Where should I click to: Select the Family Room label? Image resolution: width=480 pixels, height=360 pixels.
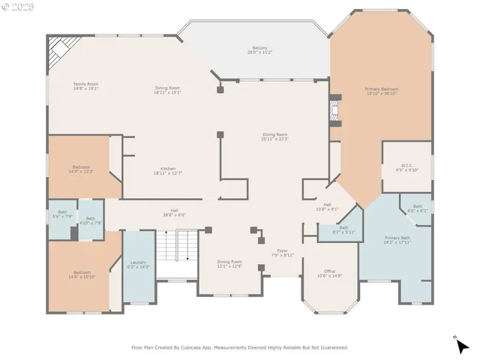86,85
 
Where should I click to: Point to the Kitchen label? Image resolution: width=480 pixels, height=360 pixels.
168,170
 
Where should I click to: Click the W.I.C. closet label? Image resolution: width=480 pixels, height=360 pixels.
408,167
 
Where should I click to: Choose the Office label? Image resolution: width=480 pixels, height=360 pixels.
329,273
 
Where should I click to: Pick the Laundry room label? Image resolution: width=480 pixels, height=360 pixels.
138,264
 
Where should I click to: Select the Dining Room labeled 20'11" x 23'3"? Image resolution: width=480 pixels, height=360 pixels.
275,136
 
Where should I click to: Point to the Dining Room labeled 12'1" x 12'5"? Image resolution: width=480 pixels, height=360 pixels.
229,263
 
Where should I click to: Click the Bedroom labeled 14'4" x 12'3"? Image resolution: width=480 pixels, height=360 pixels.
81,169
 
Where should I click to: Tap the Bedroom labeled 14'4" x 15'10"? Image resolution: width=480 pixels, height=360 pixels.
82,274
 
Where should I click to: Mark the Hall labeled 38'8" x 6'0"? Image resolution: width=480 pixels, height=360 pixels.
174,212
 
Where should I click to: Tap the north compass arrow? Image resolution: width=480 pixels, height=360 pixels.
462,344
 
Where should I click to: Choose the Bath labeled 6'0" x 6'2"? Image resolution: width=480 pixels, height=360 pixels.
417,208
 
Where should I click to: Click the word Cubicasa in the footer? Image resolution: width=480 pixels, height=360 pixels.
214,347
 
